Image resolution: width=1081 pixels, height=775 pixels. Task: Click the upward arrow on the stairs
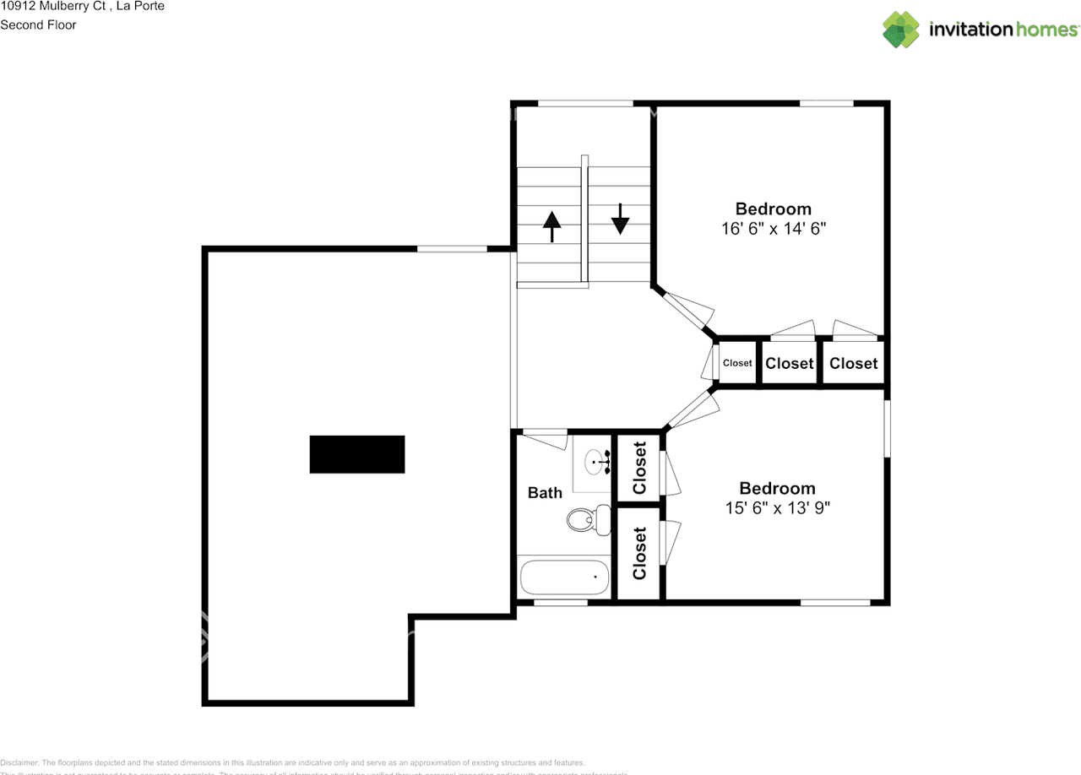[551, 226]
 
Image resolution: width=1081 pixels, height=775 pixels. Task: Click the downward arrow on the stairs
[621, 219]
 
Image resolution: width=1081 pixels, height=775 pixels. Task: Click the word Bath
[545, 493]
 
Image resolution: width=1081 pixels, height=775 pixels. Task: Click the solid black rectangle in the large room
[357, 454]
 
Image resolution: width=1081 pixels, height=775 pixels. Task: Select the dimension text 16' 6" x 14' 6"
[773, 229]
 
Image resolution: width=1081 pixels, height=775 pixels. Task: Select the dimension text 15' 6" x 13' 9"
[777, 508]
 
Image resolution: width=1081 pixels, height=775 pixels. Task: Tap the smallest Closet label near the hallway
[737, 363]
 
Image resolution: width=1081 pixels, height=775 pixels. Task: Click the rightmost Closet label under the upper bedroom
[853, 363]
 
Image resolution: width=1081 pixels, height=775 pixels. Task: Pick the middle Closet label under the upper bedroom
[789, 363]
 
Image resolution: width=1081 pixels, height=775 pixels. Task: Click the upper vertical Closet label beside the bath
[639, 468]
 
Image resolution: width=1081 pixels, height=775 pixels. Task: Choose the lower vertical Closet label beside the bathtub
[639, 553]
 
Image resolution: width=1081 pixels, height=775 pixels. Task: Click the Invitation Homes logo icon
[901, 30]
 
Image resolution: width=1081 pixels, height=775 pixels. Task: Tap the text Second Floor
[38, 24]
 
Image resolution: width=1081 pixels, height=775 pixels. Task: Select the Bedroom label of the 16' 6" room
[773, 209]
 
